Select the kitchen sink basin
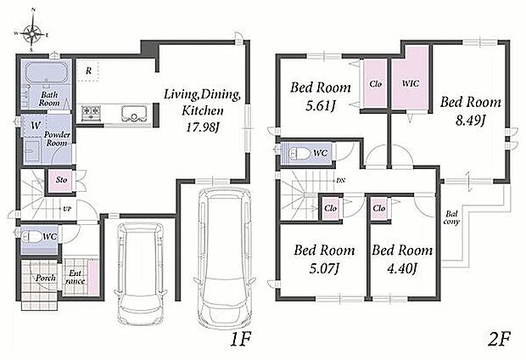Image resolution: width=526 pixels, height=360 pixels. [134, 113]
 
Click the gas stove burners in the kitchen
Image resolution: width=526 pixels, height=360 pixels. [91, 110]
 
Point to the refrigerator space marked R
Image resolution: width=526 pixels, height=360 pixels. [88, 70]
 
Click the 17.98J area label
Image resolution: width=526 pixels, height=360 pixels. [203, 127]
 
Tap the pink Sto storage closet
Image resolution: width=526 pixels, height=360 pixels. [61, 180]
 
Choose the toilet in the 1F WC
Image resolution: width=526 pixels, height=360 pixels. [31, 237]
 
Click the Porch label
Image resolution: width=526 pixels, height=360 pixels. [46, 278]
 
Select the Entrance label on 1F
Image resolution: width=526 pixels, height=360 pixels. [76, 278]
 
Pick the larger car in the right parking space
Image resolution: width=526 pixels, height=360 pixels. [225, 256]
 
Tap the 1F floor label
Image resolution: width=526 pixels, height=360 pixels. [240, 340]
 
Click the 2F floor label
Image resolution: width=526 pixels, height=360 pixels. [499, 339]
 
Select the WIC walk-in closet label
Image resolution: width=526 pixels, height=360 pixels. [411, 83]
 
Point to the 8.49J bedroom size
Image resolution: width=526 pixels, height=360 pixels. [470, 120]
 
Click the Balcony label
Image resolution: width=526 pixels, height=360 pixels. [451, 217]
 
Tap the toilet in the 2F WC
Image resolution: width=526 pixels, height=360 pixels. [299, 154]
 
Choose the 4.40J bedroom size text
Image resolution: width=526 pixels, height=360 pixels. [402, 268]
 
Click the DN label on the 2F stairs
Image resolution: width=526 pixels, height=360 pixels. [340, 180]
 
